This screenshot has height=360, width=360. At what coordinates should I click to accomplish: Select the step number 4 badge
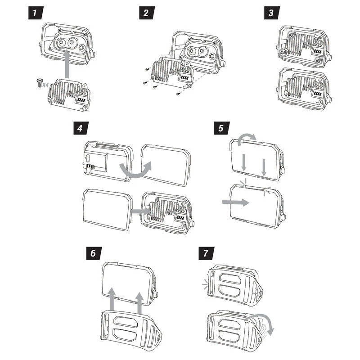coord(80,128)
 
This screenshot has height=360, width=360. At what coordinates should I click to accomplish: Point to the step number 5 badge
coord(220,128)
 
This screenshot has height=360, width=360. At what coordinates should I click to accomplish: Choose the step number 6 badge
coord(93,253)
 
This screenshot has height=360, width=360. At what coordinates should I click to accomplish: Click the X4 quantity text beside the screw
coord(46,84)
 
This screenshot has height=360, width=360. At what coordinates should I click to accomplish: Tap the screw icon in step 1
coord(39,82)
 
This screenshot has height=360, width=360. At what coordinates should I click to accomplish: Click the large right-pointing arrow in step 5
coord(235,202)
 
